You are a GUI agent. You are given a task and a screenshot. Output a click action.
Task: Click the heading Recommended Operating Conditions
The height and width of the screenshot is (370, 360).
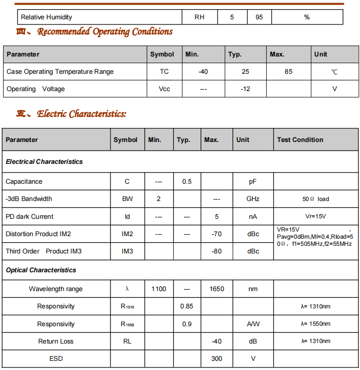[x=105, y=32]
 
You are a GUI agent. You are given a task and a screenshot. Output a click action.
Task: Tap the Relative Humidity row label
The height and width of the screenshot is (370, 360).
[x=46, y=17]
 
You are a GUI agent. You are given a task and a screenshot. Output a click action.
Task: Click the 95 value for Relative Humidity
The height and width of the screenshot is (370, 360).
[x=259, y=17]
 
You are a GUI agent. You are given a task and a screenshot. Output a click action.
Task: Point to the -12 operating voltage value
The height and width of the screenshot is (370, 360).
[x=245, y=89]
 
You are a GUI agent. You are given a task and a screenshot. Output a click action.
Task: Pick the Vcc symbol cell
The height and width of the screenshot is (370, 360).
[x=164, y=89]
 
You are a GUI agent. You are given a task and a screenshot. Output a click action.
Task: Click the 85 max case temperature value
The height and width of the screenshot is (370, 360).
[x=289, y=72]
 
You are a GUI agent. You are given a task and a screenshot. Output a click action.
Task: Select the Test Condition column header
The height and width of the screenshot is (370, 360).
[x=300, y=140]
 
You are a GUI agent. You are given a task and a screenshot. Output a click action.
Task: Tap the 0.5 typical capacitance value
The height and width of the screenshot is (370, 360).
[x=187, y=182]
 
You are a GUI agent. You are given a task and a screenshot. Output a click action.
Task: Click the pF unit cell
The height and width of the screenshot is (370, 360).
[x=253, y=182]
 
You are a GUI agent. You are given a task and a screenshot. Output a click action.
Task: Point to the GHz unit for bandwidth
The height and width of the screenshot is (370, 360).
[x=253, y=199]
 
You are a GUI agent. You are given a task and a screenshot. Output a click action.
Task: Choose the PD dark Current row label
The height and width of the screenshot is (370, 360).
[x=30, y=217]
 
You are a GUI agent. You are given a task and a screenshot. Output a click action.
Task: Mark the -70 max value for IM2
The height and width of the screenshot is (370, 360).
[x=216, y=234]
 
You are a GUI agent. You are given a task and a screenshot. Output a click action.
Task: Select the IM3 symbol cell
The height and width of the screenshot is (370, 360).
[x=127, y=251]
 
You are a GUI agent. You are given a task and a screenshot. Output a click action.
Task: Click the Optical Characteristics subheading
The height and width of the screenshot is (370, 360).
[x=41, y=270]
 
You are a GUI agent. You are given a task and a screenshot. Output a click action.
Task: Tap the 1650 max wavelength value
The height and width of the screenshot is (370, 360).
[x=216, y=289]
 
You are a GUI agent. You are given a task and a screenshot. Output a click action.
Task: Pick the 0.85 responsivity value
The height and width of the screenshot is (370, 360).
[x=187, y=306]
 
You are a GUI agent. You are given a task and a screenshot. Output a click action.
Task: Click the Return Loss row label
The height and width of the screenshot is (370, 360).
[x=56, y=341]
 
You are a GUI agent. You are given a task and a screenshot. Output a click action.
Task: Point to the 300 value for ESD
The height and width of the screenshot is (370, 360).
[x=216, y=359]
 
